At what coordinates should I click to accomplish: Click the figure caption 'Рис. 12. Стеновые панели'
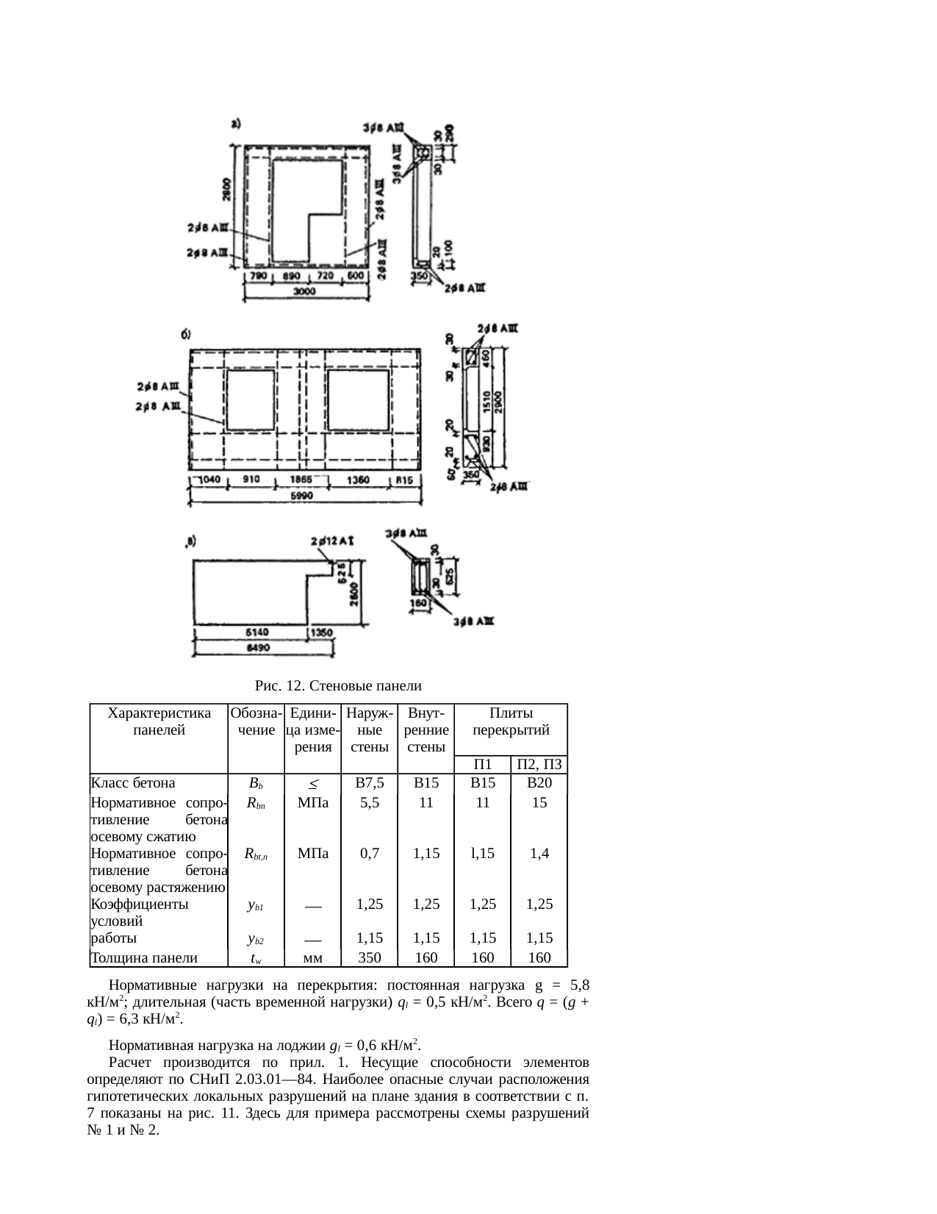[338, 686]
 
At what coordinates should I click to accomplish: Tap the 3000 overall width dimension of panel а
[305, 292]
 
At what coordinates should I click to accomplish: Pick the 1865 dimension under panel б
[299, 479]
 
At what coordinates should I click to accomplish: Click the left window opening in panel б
[251, 399]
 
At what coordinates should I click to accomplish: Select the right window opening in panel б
[358, 399]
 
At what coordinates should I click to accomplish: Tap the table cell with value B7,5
[369, 783]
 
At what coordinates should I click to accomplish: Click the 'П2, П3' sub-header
[539, 765]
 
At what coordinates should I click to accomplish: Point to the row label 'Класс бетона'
[133, 783]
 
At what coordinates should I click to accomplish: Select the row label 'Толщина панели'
[144, 957]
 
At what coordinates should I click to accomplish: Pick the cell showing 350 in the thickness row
[369, 957]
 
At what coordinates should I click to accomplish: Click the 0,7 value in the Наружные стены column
[369, 854]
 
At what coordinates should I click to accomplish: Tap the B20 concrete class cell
[539, 783]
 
